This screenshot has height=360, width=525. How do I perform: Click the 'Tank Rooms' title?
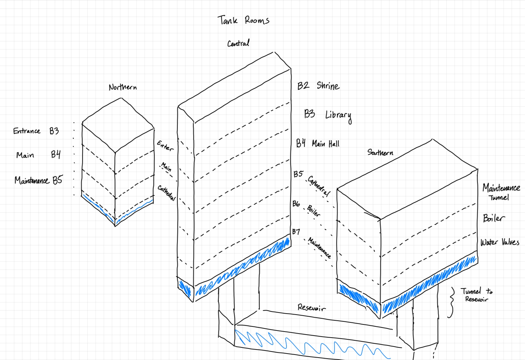click(244, 20)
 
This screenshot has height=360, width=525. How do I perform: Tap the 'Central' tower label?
click(238, 43)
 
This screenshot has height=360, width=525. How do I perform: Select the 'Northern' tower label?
click(123, 87)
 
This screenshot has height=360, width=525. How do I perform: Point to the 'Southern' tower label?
click(380, 152)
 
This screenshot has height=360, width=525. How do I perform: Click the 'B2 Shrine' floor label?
click(318, 86)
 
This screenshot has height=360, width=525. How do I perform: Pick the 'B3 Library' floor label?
click(328, 115)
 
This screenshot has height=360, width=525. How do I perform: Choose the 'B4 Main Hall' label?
click(318, 144)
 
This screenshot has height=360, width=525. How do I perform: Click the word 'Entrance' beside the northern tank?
click(27, 131)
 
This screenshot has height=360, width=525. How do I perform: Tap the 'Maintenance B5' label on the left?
click(38, 180)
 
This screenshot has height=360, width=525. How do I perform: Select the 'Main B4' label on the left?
click(38, 155)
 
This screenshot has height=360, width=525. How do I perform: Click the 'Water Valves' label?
click(500, 242)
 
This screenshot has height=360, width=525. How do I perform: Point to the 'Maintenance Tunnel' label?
click(501, 192)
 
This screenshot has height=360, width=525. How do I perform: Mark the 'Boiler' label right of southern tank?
click(493, 218)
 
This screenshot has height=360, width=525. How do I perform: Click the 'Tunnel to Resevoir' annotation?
click(476, 295)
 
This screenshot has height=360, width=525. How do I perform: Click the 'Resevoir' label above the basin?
click(311, 308)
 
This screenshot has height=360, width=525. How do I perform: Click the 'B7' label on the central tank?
click(296, 232)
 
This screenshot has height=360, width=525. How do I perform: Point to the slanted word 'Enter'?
click(165, 146)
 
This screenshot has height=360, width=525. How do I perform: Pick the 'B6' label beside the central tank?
click(296, 204)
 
